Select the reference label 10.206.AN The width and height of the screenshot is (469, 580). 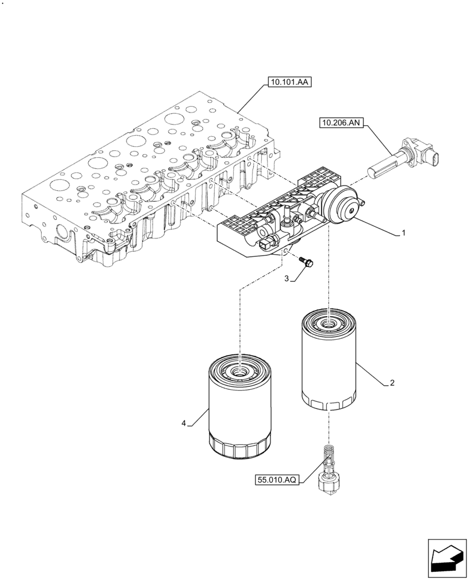[341, 122]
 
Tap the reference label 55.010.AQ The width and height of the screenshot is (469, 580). [277, 480]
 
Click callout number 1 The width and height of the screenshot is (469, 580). [403, 233]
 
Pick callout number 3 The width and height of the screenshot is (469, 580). [287, 279]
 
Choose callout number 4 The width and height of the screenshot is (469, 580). [184, 423]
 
